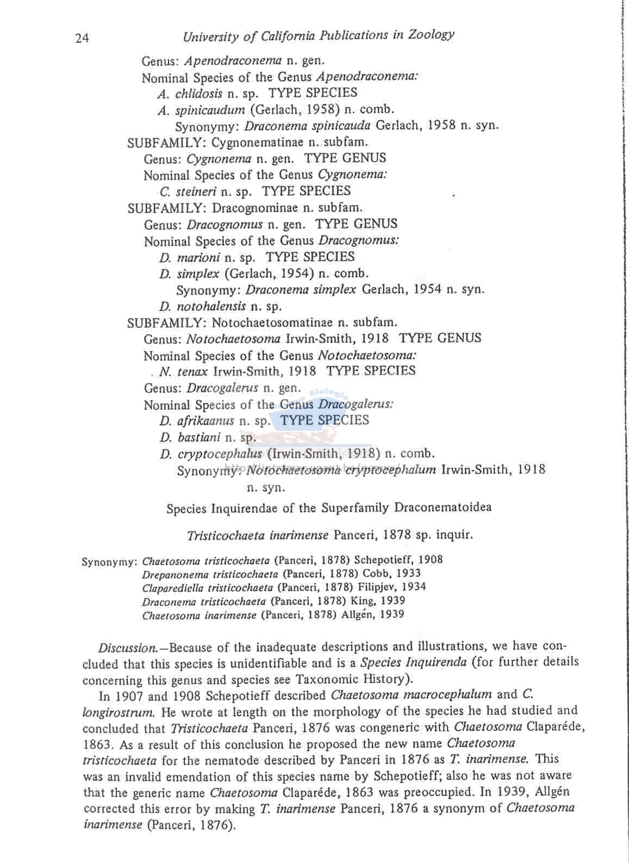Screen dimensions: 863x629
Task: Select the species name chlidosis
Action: pyautogui.click(x=199, y=93)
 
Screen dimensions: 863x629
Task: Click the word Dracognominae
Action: pyautogui.click(x=255, y=208)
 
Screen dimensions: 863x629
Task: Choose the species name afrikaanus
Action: pyautogui.click(x=205, y=421)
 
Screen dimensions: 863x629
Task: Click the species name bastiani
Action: pyautogui.click(x=198, y=437)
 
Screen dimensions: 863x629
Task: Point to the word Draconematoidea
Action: pyautogui.click(x=443, y=508)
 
